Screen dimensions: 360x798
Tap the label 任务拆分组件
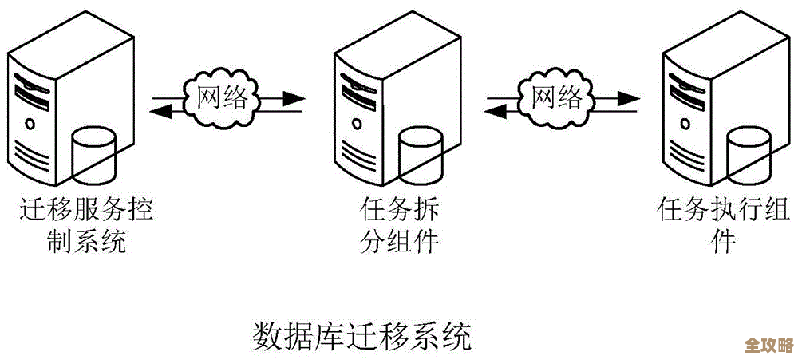click(398, 226)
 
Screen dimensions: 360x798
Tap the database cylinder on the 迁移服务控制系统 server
click(93, 153)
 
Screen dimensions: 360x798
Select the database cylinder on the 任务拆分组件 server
click(421, 153)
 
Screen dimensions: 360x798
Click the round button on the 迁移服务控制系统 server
click(30, 123)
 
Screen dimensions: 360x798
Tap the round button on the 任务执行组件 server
click(685, 123)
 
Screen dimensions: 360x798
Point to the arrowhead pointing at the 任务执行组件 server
click(630, 100)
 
